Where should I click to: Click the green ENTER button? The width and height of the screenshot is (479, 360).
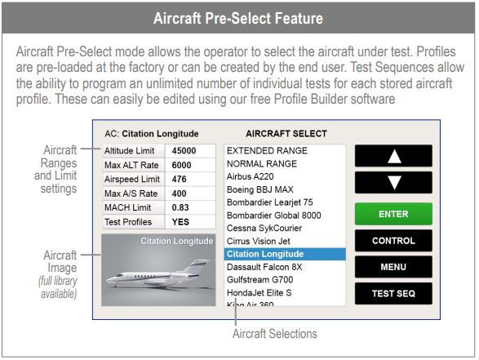point(393,214)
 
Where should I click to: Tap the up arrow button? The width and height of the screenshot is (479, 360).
point(393,156)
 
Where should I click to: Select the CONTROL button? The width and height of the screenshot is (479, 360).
point(393,241)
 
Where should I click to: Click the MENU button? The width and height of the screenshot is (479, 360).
point(393,267)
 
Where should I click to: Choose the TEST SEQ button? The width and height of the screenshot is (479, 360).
point(393,293)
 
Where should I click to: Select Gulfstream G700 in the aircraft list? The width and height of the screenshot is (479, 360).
point(259,280)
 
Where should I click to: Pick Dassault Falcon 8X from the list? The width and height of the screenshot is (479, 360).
point(264,267)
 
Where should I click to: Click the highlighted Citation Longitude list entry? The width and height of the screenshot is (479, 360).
point(285,254)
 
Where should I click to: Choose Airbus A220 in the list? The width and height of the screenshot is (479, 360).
point(250,176)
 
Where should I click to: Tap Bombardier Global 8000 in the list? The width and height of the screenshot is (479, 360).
point(273,216)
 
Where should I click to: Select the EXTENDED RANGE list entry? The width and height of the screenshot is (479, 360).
point(267,151)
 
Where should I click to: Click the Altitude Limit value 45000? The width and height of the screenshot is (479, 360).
point(184,151)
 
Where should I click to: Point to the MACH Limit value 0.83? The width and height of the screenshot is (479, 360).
point(180,207)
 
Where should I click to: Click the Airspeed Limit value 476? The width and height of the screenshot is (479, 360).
point(179,179)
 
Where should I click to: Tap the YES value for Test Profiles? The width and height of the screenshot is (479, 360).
point(180,222)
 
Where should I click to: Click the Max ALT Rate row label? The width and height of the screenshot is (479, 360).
point(131,165)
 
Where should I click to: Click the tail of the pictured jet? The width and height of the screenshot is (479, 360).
point(199,264)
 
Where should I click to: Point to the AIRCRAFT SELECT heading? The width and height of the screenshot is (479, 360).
point(286,134)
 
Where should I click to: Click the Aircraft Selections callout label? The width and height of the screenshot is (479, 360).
point(275,334)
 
